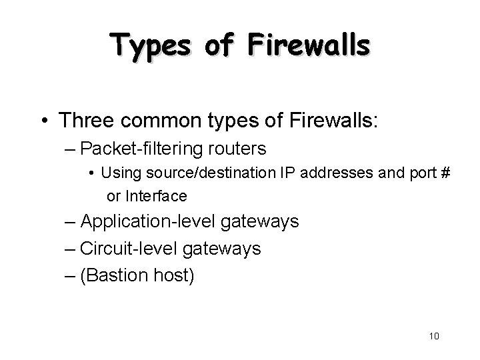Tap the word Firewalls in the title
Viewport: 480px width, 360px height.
(x=309, y=45)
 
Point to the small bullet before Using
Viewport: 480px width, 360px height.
(x=92, y=175)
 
